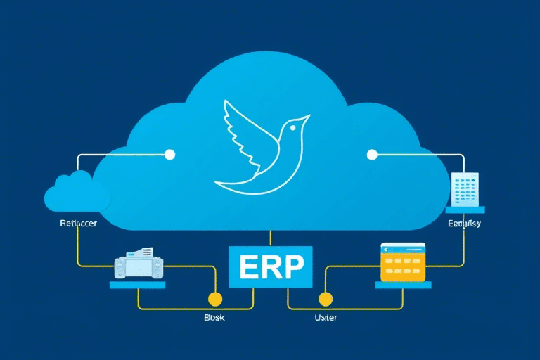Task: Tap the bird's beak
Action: tap(307, 117)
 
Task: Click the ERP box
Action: tap(271, 267)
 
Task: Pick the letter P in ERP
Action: tap(295, 268)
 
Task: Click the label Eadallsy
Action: tap(464, 224)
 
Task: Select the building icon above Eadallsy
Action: tap(465, 190)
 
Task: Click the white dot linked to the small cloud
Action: tap(169, 154)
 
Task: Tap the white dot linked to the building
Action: tap(372, 154)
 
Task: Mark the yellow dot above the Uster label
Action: tap(324, 297)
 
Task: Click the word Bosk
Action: tap(213, 318)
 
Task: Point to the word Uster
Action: tap(325, 318)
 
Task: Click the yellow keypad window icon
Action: tap(403, 263)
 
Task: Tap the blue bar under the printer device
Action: tap(138, 285)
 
